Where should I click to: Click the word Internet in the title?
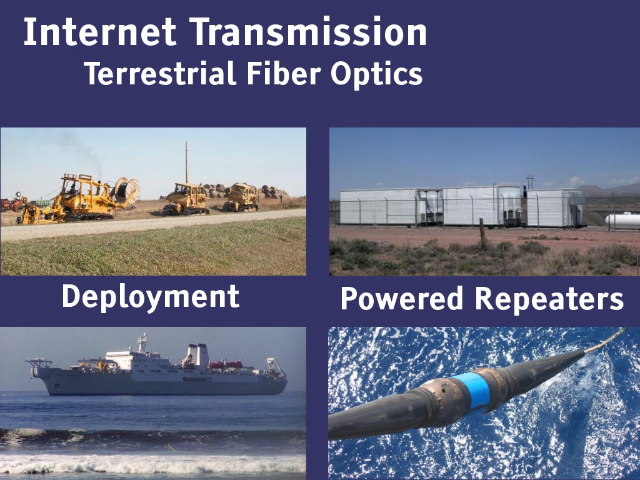coord(100,32)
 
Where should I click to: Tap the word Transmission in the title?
coord(308,32)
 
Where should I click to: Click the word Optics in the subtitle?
coord(376,75)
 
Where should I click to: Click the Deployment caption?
coord(151,297)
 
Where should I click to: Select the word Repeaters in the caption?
coord(549,299)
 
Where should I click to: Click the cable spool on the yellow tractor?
coord(127,191)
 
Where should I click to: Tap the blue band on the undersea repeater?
coord(474,390)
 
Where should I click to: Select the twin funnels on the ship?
coord(197,354)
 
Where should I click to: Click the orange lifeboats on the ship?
coord(226,364)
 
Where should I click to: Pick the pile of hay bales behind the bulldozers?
coord(245,191)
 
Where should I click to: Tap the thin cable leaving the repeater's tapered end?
coord(604,340)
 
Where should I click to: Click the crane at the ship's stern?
coord(276,366)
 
